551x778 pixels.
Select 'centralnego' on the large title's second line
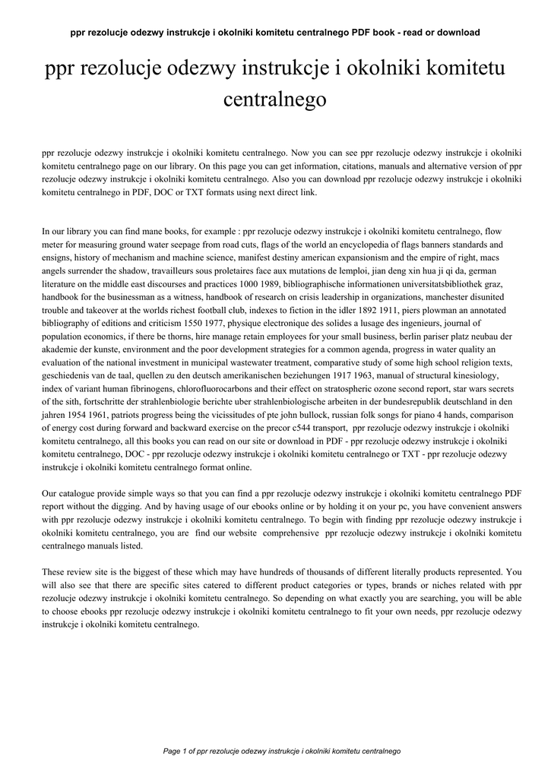click(275, 99)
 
